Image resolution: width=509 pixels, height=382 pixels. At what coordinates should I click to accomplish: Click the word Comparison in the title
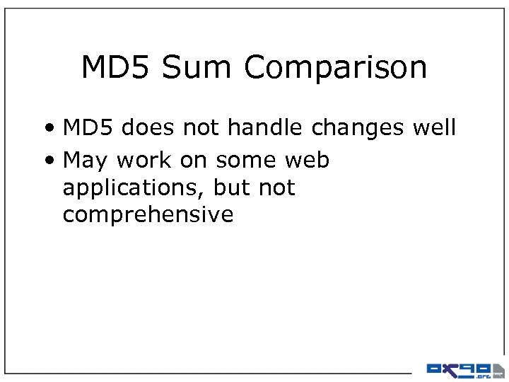(336, 69)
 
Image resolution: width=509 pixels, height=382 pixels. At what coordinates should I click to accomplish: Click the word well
(435, 128)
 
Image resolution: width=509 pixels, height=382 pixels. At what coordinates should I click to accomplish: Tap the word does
(151, 128)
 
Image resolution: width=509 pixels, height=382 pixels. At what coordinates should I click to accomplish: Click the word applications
(127, 189)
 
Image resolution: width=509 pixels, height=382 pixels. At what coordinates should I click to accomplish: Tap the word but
(230, 187)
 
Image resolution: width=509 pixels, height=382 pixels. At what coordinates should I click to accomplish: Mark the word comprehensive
(148, 215)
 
